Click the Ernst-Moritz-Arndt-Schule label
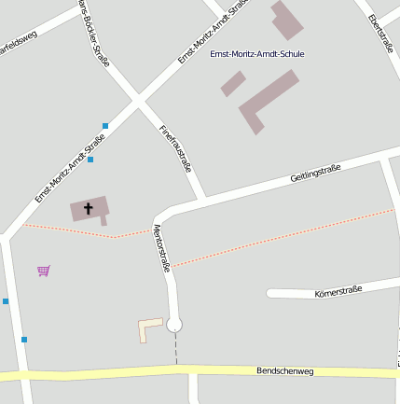click(x=257, y=54)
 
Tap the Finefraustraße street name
click(x=176, y=149)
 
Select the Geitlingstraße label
click(x=315, y=173)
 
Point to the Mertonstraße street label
click(x=161, y=247)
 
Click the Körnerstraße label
click(x=338, y=290)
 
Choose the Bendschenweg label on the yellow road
click(x=285, y=371)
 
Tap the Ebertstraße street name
click(x=381, y=34)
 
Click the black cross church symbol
click(x=90, y=208)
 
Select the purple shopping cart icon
click(x=44, y=271)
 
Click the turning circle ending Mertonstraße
click(x=174, y=325)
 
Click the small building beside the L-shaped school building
click(x=233, y=84)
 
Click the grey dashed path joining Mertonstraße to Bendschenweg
click(x=175, y=350)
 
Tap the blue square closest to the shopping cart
click(x=6, y=301)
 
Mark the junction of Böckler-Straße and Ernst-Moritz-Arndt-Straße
click(x=137, y=99)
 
